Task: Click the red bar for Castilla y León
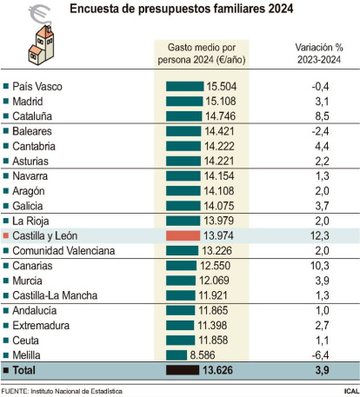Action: click(183, 235)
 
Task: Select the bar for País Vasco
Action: click(184, 86)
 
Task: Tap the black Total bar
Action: click(183, 370)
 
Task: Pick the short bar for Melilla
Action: click(177, 355)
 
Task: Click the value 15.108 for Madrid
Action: click(221, 102)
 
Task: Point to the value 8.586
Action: click(203, 355)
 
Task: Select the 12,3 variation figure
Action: click(320, 235)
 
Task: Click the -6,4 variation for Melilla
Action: click(320, 355)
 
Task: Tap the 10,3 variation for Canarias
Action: click(320, 266)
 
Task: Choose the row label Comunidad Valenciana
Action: click(63, 251)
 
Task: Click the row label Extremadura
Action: click(41, 326)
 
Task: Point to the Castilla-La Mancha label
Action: click(55, 295)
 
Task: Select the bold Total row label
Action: click(24, 370)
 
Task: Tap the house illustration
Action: click(41, 45)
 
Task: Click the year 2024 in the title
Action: click(281, 9)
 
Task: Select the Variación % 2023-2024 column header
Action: click(319, 54)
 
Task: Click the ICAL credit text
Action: click(351, 391)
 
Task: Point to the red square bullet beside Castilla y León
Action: click(6, 235)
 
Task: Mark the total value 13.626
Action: click(217, 370)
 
